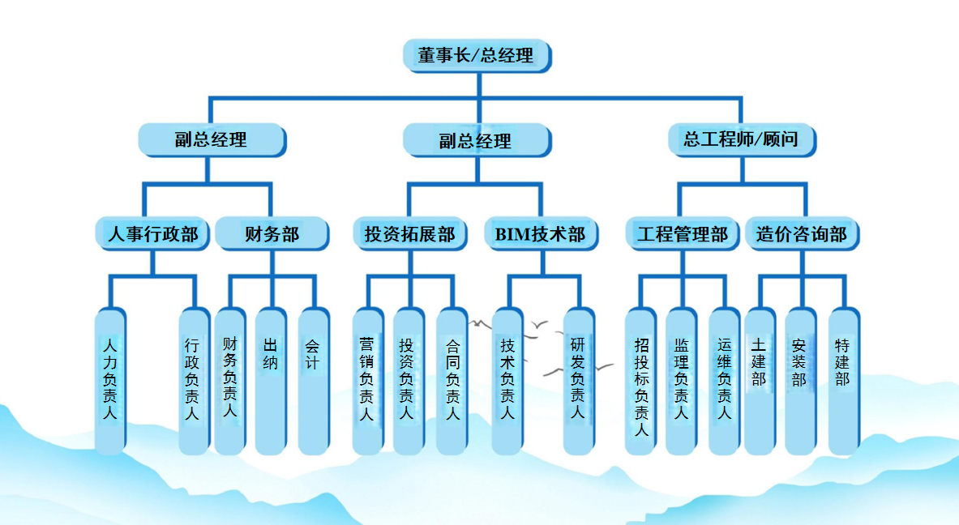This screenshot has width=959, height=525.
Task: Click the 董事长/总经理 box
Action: point(477,55)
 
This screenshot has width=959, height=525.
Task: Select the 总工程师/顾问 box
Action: point(741,139)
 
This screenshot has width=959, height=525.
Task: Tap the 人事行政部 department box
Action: point(153,235)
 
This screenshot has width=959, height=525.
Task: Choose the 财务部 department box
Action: point(272,235)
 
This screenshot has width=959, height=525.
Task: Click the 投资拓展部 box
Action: point(410,235)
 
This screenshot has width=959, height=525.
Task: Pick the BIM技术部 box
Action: point(540,235)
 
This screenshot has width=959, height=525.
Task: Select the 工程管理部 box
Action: point(683,235)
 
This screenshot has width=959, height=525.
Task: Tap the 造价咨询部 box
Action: point(802,235)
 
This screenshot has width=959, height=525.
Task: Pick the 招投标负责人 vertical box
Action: point(641,381)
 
